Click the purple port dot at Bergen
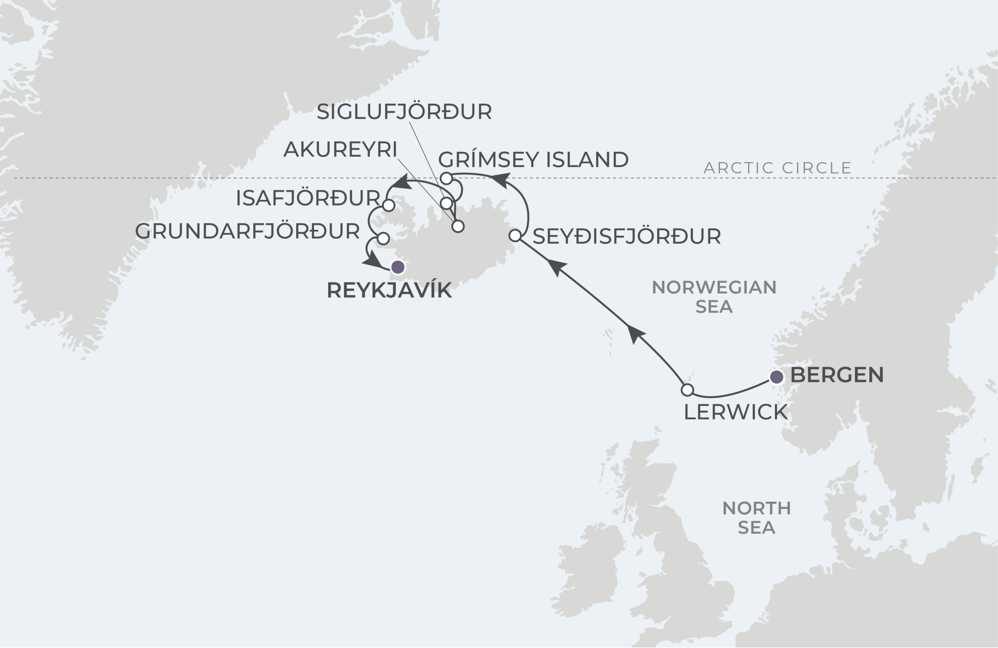pos(777,377)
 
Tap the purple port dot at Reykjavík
pos(398,267)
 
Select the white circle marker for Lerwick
pos(687,390)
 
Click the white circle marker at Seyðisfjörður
pos(515,236)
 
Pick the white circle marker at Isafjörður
pos(389,206)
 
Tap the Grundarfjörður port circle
pos(383,238)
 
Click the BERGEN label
pos(837,375)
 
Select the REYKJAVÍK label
pos(389,290)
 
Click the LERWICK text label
pos(736,412)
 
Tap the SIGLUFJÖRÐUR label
pos(404,112)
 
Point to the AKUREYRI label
pos(340,149)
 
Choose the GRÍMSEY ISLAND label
pos(533,160)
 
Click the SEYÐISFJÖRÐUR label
pos(626,236)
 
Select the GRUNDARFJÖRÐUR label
pos(248,231)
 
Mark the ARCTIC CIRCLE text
pos(777,168)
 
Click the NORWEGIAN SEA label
pos(714,297)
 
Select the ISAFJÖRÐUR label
pos(308,198)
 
